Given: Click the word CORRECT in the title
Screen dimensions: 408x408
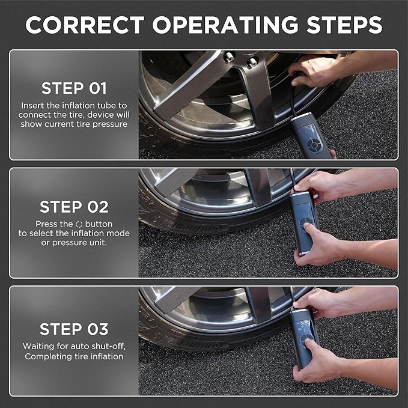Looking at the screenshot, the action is [85, 25].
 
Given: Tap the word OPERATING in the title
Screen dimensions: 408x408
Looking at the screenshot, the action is [225, 25].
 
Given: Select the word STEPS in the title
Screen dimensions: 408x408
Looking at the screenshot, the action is [344, 25].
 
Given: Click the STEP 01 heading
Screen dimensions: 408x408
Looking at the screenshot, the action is [74, 88].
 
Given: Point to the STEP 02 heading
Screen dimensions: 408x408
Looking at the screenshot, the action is [74, 207].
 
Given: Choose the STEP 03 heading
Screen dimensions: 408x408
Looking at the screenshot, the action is [74, 329].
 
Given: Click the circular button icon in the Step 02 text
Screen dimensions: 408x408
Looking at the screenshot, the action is [79, 224].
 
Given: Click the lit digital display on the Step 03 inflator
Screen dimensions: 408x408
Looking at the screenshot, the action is [303, 324].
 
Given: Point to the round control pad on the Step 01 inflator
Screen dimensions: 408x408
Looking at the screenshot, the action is [314, 145].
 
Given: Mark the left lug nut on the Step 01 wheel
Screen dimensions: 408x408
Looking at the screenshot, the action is [230, 56].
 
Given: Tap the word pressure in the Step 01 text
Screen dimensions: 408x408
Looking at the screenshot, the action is [110, 124].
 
